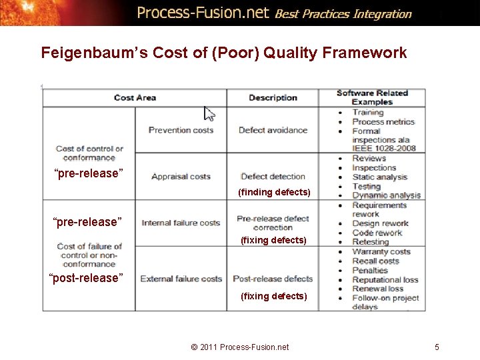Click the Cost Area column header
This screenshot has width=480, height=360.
click(x=135, y=97)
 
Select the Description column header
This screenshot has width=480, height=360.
click(x=273, y=97)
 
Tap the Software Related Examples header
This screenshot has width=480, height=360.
click(x=372, y=97)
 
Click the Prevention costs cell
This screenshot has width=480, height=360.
click(x=181, y=130)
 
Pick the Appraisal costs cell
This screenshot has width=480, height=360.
click(x=181, y=177)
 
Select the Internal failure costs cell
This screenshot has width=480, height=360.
click(x=181, y=223)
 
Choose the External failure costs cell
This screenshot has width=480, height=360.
click(x=181, y=279)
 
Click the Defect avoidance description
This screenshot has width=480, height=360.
click(x=273, y=130)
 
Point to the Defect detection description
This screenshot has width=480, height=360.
click(x=273, y=177)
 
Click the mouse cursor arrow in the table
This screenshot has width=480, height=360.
click(x=209, y=113)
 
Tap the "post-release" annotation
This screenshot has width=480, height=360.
click(x=87, y=278)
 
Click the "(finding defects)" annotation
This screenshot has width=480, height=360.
click(x=274, y=193)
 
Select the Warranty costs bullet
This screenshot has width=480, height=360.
click(x=381, y=252)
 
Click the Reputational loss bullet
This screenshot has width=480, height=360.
click(x=385, y=280)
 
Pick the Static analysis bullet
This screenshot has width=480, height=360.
click(x=379, y=177)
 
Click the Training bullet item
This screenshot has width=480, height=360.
click(x=368, y=113)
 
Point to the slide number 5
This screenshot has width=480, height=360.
click(x=437, y=347)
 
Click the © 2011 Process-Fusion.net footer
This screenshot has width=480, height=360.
click(x=240, y=347)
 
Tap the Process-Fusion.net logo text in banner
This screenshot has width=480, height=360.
click(x=203, y=13)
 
